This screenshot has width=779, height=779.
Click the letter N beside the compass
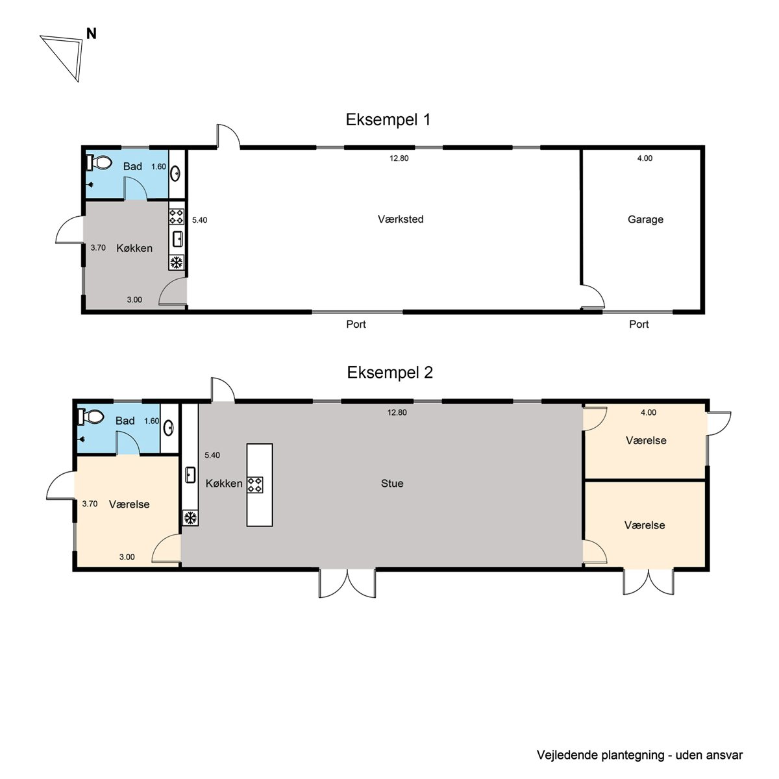tap(92, 34)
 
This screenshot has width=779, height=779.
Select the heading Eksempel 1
tap(388, 119)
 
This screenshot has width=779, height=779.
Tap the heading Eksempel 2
tap(389, 373)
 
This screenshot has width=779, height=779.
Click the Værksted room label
tap(401, 219)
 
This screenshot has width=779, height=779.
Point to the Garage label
tap(645, 219)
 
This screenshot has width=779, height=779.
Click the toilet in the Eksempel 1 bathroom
tap(99, 162)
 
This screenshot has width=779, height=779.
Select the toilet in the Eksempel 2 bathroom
tap(90, 416)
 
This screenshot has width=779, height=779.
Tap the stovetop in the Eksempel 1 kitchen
tap(177, 216)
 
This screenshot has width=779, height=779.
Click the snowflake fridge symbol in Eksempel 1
tap(177, 263)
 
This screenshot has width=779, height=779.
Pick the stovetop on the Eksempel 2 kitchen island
tap(255, 485)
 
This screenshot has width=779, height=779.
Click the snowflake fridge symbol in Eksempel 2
tap(190, 517)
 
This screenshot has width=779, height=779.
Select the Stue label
tap(392, 484)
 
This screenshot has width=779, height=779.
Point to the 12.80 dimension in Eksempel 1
tap(399, 158)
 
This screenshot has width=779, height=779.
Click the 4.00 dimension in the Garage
tap(645, 158)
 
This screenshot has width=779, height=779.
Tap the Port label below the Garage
tap(639, 324)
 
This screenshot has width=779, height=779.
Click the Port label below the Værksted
tap(356, 324)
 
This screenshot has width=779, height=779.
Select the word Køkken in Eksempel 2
tap(224, 484)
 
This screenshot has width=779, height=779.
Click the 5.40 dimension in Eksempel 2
tap(212, 455)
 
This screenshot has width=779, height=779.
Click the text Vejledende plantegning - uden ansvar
tap(639, 755)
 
